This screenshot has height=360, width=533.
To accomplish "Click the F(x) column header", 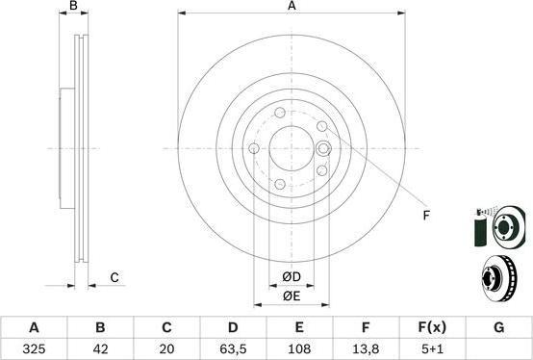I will pos(432,327).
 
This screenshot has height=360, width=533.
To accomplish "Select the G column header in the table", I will pos(498,327).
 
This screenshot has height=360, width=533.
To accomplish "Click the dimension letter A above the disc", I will pos(292,7).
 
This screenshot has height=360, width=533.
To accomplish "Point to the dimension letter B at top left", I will pos(73,7).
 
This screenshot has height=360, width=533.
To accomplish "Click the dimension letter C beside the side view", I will pos(114,278).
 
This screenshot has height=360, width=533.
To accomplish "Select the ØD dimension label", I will pos(291,278).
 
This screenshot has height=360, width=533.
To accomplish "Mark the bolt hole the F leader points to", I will pos(323,148).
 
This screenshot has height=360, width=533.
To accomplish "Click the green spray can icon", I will pos(478,227).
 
